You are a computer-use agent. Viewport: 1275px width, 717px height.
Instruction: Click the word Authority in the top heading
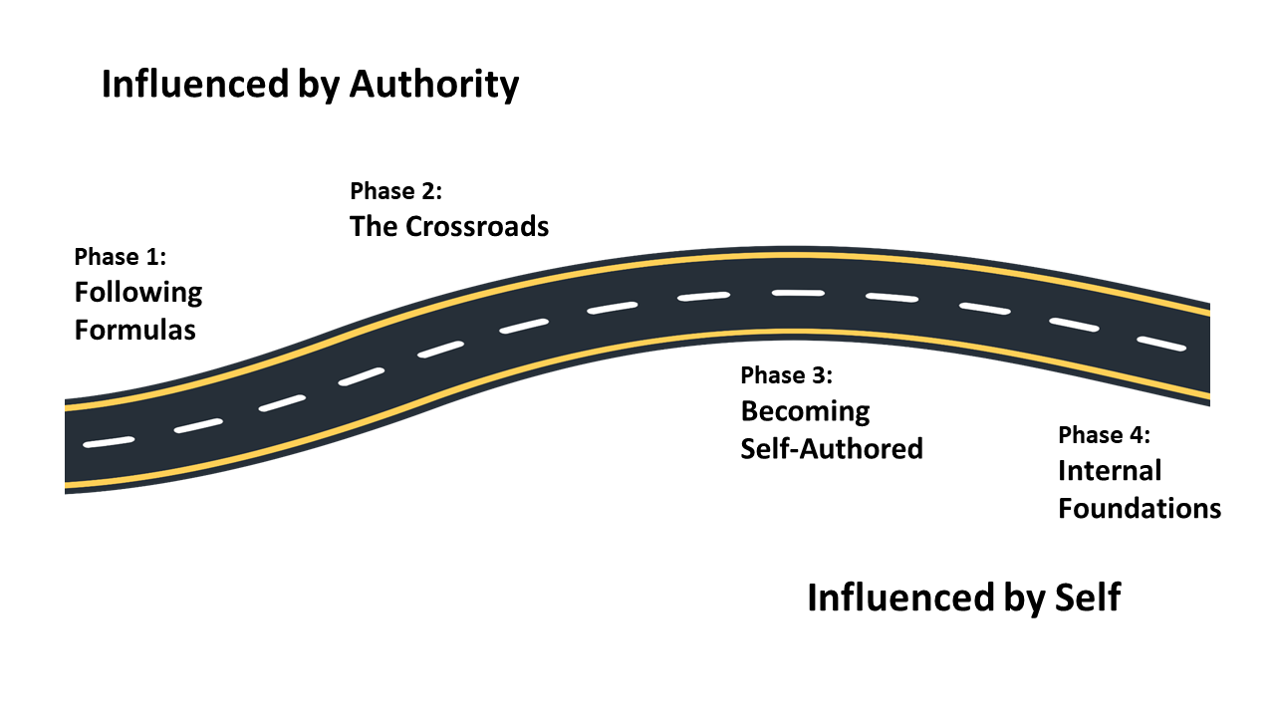433,86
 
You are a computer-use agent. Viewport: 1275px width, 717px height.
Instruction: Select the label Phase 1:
121,258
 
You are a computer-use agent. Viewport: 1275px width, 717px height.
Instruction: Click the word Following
138,293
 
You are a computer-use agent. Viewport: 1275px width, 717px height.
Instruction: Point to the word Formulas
135,330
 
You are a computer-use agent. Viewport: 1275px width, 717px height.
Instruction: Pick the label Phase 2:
395,191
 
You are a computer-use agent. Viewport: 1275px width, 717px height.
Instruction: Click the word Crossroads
477,227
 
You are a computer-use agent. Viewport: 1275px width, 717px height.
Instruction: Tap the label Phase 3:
786,376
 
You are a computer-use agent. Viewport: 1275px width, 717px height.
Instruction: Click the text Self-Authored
832,448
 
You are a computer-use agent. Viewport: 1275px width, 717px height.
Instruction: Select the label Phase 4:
1104,436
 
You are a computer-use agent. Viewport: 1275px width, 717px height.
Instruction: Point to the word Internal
1110,471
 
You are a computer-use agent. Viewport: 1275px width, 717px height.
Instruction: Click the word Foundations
1140,508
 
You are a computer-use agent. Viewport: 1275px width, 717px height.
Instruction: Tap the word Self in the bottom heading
1087,598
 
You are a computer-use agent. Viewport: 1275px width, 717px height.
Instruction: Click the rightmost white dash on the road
1162,344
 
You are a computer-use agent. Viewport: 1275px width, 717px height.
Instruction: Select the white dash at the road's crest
799,293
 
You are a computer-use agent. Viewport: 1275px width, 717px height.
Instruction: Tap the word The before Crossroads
373,227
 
